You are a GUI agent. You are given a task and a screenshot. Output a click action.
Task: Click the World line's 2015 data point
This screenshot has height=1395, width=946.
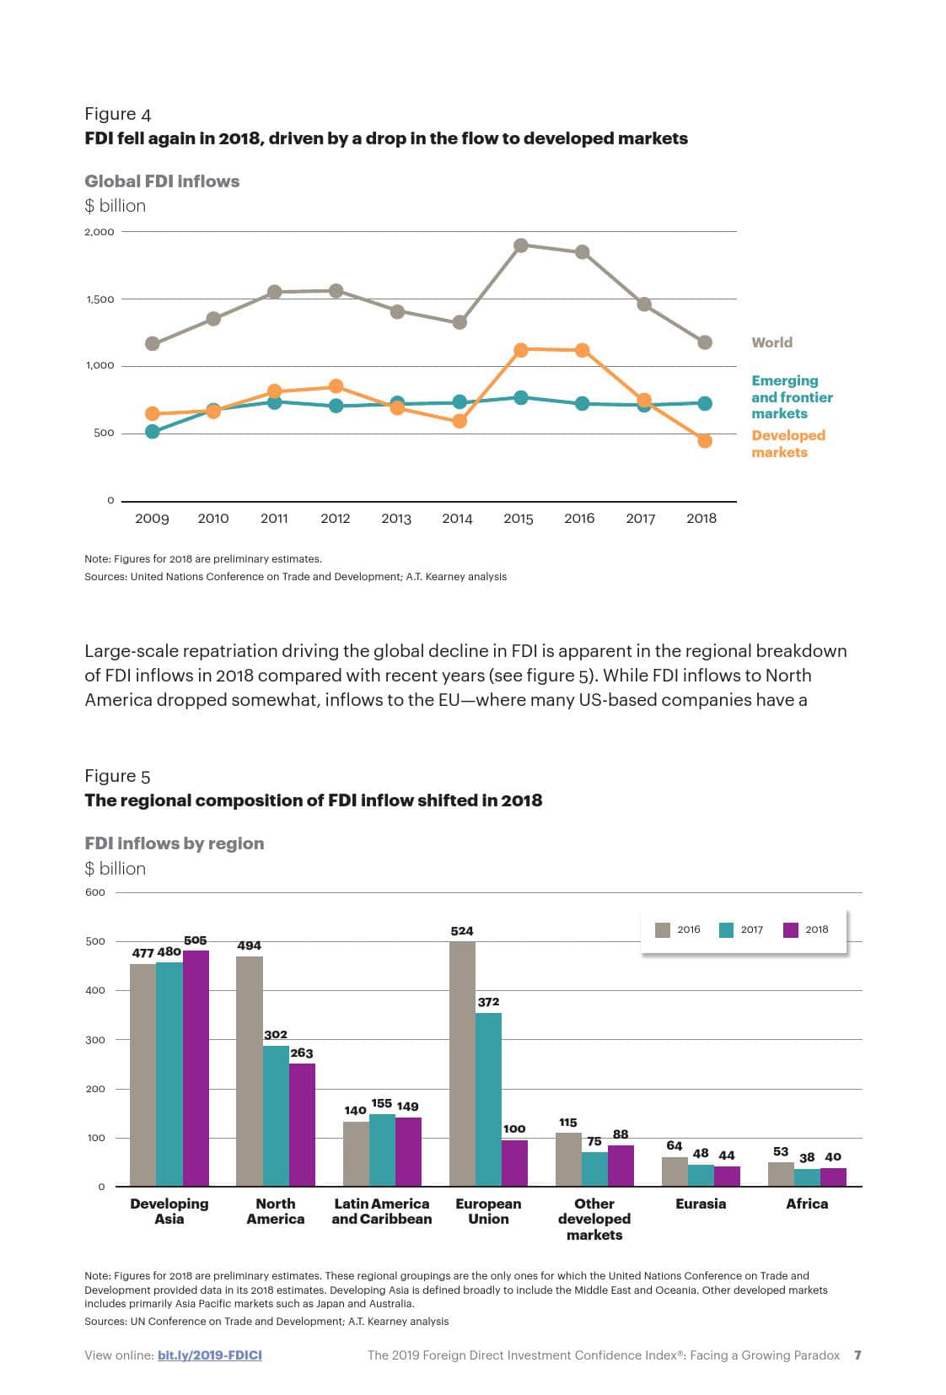[x=520, y=245]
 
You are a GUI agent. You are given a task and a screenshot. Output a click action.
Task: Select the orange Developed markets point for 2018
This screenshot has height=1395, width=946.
[x=705, y=441]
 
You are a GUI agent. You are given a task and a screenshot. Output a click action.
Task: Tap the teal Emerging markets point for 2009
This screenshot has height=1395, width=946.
[x=153, y=432]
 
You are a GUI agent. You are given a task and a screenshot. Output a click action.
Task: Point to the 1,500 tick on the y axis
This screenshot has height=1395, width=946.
[x=99, y=299]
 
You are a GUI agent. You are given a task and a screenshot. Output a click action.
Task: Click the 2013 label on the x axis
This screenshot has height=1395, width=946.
[x=396, y=519]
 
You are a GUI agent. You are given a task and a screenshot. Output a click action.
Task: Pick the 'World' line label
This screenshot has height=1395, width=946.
[x=771, y=342]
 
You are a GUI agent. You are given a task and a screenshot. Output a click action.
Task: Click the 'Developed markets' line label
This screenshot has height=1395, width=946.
[x=787, y=444]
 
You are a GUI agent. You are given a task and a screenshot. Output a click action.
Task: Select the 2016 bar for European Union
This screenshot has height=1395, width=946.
[x=462, y=1064]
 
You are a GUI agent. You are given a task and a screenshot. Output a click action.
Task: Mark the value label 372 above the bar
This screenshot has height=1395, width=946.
[x=488, y=1002]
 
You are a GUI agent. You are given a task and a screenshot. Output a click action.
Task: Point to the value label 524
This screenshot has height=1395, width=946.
[x=462, y=931]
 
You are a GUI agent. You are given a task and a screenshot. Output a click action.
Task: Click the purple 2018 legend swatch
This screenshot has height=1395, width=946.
[x=791, y=929]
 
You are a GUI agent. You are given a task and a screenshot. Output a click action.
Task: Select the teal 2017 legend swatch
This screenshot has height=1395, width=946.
[x=726, y=929]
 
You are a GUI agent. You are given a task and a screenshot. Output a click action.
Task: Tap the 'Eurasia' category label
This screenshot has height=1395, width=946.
[x=700, y=1204]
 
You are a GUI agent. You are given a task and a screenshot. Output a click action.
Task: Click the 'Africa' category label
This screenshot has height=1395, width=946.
[x=806, y=1204]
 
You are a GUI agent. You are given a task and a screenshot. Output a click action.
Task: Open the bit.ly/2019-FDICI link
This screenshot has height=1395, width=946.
[x=209, y=1355]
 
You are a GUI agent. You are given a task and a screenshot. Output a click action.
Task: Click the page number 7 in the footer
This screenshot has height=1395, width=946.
[x=857, y=1355]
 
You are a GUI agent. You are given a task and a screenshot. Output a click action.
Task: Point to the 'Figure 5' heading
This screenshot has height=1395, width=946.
[x=117, y=776]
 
